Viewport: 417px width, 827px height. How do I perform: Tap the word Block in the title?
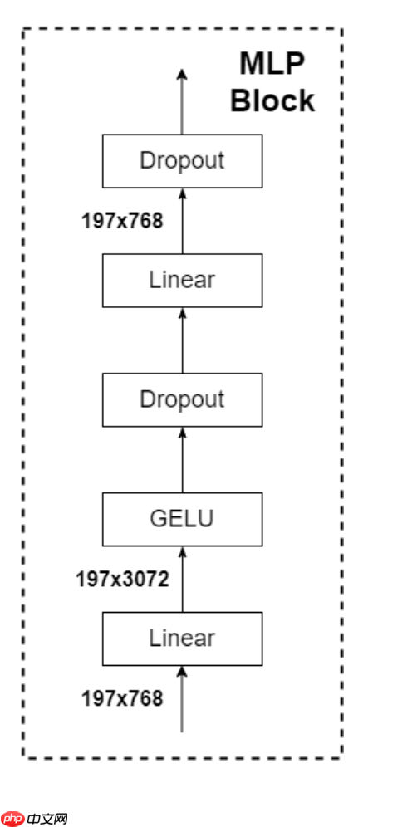[x=272, y=100]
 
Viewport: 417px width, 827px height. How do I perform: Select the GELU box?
[x=182, y=519]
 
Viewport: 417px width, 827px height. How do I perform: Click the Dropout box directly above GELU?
[x=182, y=399]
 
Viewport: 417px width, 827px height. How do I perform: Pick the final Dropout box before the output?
[x=182, y=160]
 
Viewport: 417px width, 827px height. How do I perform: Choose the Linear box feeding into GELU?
[x=182, y=639]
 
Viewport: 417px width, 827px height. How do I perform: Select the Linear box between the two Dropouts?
[x=182, y=280]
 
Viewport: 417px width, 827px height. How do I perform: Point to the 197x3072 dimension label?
[x=122, y=579]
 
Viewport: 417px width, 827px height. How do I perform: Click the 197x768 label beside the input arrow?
[x=122, y=698]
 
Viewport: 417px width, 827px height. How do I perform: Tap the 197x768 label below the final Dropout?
[x=122, y=220]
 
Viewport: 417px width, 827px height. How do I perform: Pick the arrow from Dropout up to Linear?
[x=182, y=340]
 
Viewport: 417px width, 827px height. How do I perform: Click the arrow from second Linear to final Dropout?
[x=182, y=220]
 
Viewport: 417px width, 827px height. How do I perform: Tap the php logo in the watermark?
[x=12, y=818]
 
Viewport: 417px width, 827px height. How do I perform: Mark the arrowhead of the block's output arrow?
[x=182, y=76]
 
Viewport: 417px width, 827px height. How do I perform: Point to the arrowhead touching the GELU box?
[x=182, y=551]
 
